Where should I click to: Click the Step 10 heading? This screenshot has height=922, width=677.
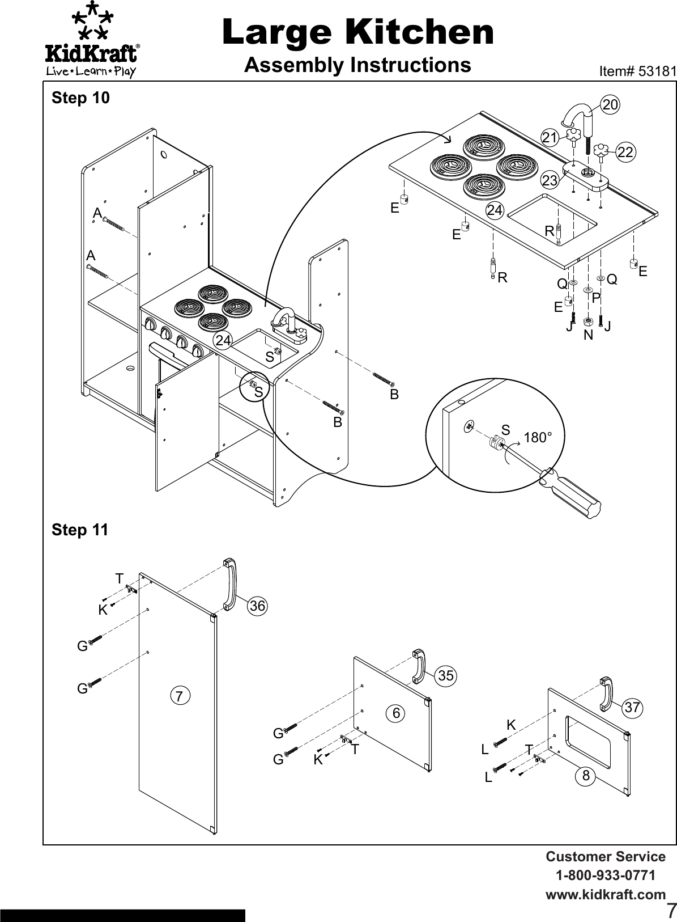click(80, 98)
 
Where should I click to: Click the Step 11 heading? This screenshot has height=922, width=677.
click(80, 530)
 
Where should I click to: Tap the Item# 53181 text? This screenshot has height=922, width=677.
click(637, 71)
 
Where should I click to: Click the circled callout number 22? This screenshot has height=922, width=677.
click(625, 152)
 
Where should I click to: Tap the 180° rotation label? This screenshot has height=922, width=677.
click(537, 438)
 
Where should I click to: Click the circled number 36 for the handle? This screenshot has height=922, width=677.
click(257, 606)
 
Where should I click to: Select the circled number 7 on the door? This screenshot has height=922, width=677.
click(180, 695)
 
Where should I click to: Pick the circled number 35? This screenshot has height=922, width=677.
click(446, 675)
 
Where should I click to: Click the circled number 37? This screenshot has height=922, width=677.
click(632, 707)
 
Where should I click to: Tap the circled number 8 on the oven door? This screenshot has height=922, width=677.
click(586, 775)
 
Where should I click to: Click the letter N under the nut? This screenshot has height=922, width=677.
click(588, 335)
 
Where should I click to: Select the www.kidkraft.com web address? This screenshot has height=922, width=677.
click(605, 895)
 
